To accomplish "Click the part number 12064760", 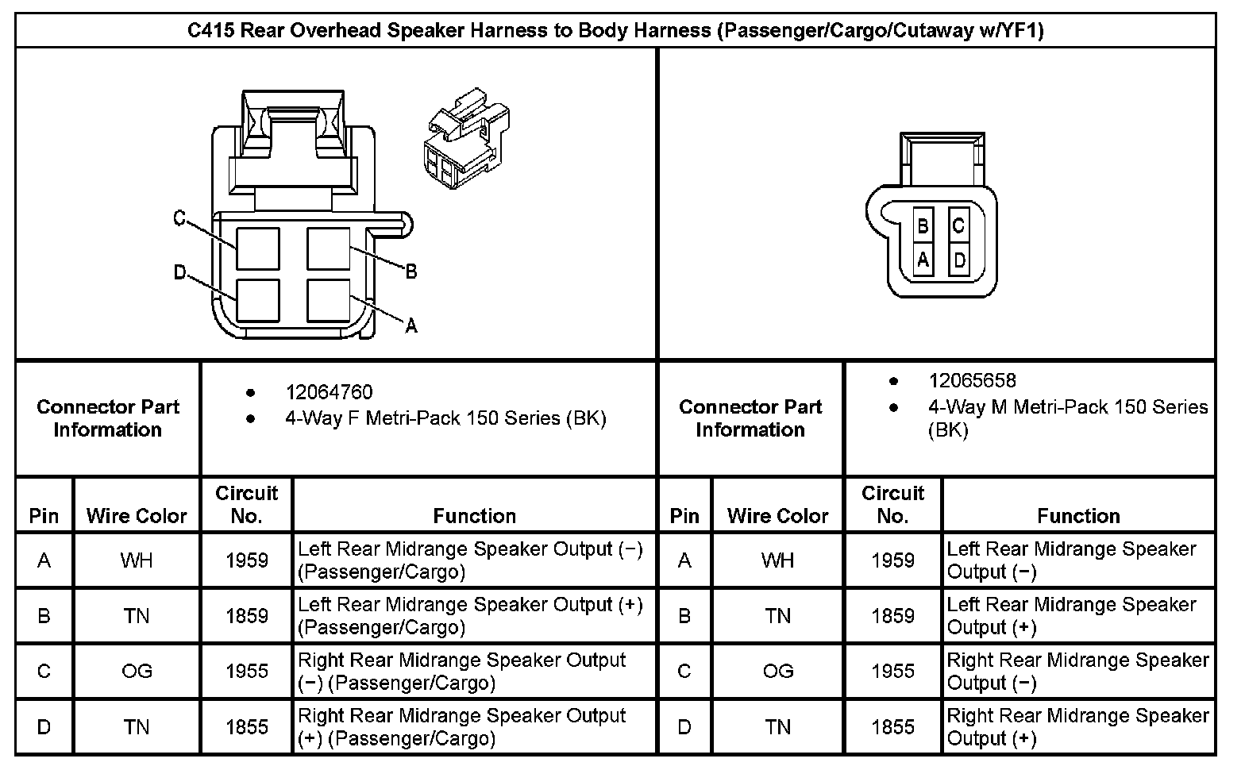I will point(329,392).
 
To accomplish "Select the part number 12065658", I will point(972,381).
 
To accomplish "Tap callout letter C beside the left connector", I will point(179,218).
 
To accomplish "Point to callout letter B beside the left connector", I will point(411,272).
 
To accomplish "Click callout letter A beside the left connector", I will point(411,325).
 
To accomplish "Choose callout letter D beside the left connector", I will point(179,273).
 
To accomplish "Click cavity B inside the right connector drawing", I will point(923,226).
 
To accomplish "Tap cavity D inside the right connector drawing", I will point(959,260).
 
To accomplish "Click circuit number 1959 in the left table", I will point(246,560).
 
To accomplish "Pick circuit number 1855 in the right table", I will point(892,727).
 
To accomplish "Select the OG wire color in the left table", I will point(137,672).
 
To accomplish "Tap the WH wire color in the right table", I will point(777,560).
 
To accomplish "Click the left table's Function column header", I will point(474,516).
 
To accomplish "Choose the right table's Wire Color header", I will point(777,516).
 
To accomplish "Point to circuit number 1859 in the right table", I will point(892,616).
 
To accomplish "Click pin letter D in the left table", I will point(44,727).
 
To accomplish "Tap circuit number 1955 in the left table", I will point(246,672).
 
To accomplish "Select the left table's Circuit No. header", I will point(246,504).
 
